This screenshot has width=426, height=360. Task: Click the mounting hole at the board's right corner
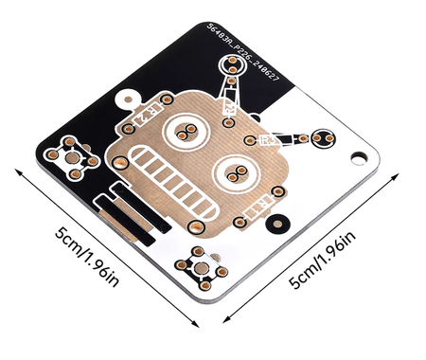coord(360,157)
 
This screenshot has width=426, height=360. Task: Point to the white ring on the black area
coord(125,97)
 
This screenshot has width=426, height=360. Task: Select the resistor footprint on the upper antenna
coord(229,94)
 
